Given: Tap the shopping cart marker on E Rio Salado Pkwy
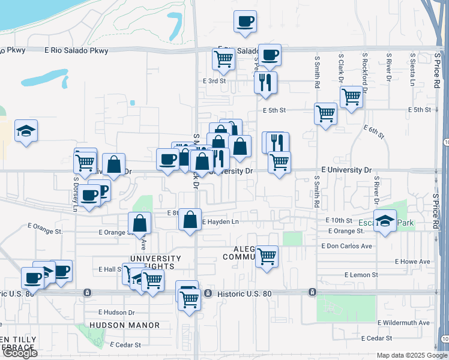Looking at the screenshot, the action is click(x=223, y=59).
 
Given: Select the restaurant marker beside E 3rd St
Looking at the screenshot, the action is click(x=265, y=82).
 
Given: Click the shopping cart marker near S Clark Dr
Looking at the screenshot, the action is click(x=351, y=96).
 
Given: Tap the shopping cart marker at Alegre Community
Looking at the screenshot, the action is click(x=267, y=256).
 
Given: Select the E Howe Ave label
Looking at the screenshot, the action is click(x=412, y=262).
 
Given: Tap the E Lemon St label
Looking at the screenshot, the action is click(x=361, y=275).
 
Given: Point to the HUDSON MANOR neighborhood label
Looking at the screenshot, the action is click(x=125, y=325).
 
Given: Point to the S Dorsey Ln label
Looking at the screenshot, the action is click(x=76, y=193).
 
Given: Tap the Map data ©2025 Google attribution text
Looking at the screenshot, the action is click(x=411, y=355).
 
